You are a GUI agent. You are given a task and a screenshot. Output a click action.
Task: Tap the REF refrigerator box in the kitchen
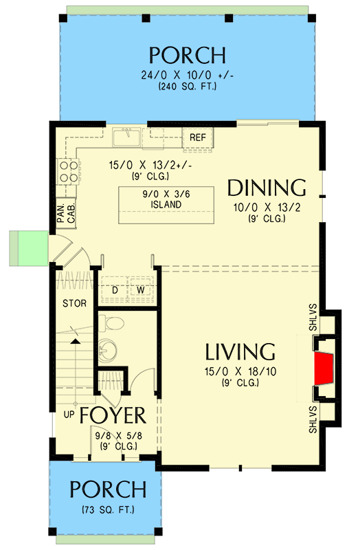point(198,137)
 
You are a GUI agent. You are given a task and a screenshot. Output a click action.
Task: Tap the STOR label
point(74,302)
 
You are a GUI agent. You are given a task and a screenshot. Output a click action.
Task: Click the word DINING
point(266,188)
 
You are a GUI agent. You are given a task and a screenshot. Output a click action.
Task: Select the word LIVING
point(240,352)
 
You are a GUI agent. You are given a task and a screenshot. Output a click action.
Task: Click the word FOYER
point(112,416)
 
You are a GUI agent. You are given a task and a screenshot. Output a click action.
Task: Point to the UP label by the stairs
point(69,415)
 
